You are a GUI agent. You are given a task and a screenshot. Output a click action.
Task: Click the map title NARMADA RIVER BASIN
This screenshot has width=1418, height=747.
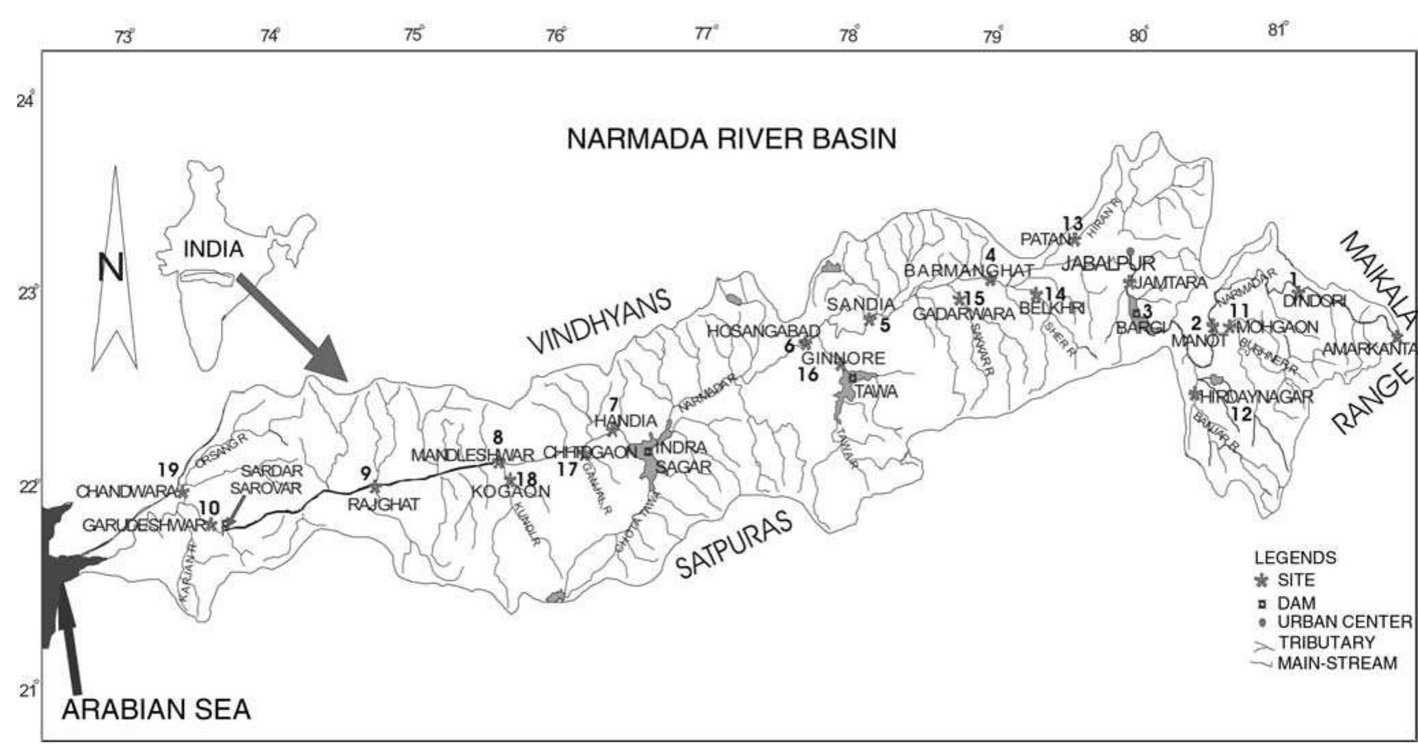[731, 139]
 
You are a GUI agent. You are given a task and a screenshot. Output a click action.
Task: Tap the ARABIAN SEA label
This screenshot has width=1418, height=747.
[156, 709]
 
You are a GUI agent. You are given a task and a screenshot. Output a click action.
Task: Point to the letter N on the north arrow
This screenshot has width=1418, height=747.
[111, 267]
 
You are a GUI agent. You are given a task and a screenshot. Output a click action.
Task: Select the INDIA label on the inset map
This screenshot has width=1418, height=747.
[213, 249]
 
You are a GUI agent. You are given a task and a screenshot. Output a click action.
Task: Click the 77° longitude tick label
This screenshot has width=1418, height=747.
[705, 33]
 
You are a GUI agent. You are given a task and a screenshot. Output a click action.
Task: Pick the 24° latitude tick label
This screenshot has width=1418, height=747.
[25, 102]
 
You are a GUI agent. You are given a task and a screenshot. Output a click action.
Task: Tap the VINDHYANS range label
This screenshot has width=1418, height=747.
[601, 321]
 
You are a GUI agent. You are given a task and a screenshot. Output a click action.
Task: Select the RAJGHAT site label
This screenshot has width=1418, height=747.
[383, 504]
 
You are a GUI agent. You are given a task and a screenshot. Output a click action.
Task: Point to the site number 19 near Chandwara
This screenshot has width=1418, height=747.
[168, 470]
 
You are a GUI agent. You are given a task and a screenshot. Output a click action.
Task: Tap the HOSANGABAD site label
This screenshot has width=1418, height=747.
[763, 331]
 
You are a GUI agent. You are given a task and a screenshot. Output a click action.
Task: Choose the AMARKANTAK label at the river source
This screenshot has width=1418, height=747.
[1369, 349]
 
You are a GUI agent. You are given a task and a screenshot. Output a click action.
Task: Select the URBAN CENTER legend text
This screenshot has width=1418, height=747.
[1344, 622]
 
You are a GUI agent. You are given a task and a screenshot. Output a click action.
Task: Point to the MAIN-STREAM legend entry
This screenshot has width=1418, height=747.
[1337, 663]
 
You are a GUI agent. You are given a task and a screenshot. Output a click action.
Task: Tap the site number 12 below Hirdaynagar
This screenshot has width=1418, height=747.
[1242, 413]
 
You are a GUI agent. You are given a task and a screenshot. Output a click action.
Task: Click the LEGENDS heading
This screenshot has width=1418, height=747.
[1295, 557]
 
